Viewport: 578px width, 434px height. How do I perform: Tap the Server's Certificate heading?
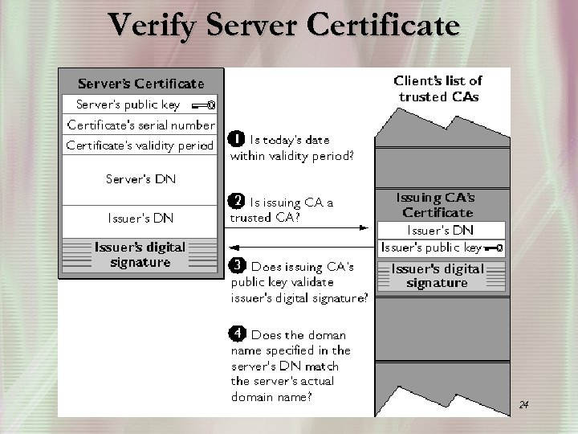click(x=140, y=84)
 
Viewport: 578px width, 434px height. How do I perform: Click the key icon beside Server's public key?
click(x=203, y=104)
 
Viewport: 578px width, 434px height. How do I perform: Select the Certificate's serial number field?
click(x=140, y=125)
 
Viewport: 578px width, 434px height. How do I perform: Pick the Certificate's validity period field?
click(x=140, y=145)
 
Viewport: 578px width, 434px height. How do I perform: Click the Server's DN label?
click(x=140, y=179)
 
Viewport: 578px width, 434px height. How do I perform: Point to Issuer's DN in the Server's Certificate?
click(x=140, y=218)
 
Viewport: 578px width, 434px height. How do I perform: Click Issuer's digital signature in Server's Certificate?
click(x=140, y=255)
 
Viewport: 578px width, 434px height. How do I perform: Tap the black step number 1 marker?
click(x=237, y=138)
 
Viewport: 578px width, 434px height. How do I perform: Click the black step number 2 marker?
click(x=237, y=201)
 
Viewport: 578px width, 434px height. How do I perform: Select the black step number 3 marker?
click(x=238, y=264)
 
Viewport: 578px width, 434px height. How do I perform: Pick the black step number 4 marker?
click(x=238, y=333)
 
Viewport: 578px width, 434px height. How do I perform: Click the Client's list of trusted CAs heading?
click(x=438, y=88)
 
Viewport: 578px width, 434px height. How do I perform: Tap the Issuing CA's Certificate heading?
click(x=438, y=205)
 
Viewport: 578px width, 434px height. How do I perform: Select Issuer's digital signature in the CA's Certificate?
click(x=438, y=276)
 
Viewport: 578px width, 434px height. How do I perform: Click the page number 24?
click(x=523, y=404)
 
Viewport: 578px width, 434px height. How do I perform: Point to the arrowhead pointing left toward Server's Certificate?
click(x=233, y=248)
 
